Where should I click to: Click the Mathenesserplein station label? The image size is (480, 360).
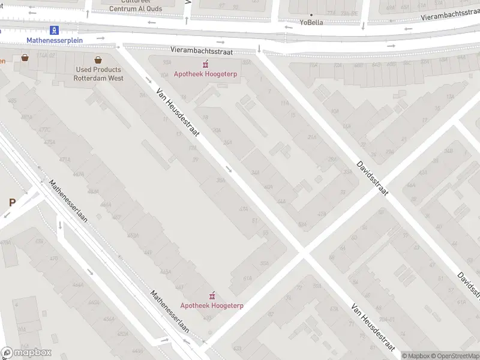pos(55,40)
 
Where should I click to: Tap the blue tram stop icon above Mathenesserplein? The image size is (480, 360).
pos(55,29)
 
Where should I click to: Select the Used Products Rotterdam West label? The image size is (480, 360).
pos(98,74)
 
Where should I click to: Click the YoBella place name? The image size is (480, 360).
pos(311,23)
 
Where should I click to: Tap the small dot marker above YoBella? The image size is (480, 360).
pos(311,14)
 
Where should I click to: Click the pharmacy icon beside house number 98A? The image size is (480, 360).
pos(205,64)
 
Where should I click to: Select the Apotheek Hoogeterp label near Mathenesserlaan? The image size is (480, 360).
pos(211,305)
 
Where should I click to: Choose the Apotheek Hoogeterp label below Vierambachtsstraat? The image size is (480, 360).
pos(205,74)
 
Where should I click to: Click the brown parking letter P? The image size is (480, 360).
pos(11,203)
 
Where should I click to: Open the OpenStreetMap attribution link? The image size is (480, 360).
pos(455,356)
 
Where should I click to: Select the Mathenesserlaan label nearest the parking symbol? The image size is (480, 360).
pos(68,202)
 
